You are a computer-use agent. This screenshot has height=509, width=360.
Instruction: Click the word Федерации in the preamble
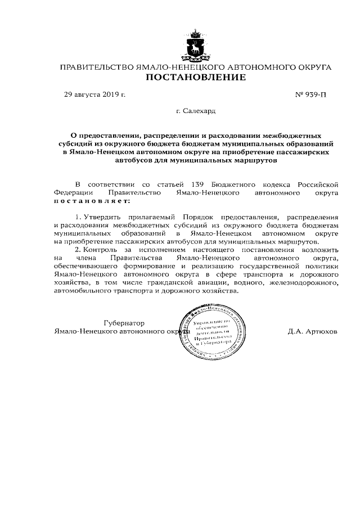[x=71, y=192]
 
